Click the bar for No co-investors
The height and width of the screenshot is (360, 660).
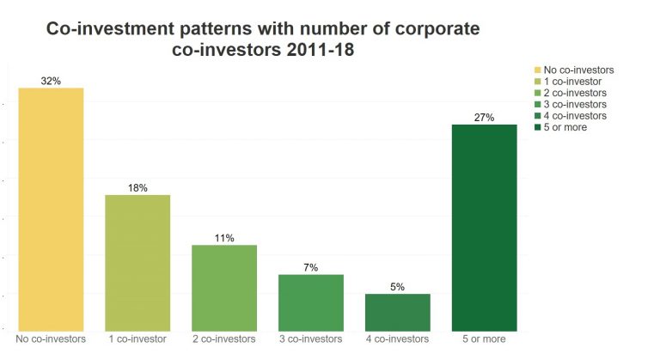coord(51,209)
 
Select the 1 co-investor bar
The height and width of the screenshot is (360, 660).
coord(137,262)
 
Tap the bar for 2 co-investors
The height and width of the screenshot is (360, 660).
coord(224,288)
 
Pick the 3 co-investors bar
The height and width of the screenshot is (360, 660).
coord(311,302)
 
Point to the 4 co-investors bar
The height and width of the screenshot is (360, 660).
coord(398,312)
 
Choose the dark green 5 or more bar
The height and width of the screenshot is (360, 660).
coord(484,228)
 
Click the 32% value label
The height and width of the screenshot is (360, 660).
coord(51,81)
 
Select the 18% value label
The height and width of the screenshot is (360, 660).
coord(137,187)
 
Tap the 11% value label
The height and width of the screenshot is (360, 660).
coord(224,238)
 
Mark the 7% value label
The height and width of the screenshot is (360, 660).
coord(311,267)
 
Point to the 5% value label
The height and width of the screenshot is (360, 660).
coord(398,287)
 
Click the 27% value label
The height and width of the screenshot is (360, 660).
coord(484,118)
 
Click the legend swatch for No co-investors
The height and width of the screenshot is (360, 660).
coord(537,70)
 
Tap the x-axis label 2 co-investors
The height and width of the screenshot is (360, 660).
coord(224,339)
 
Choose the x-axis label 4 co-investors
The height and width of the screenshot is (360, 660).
coord(398,339)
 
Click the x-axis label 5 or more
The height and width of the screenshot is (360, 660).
coord(484,339)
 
